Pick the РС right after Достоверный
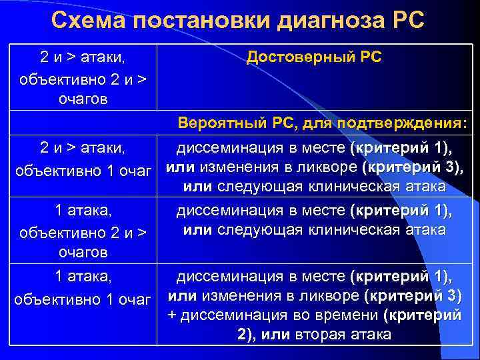point(369,57)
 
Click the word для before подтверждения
point(316,123)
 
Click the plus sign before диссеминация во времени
point(173,315)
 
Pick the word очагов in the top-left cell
point(84,99)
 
